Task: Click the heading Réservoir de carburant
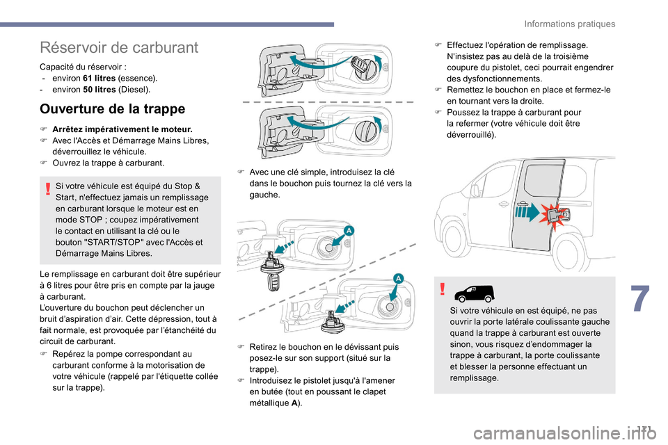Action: pyautogui.click(x=119, y=47)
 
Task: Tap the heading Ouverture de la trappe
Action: pyautogui.click(x=112, y=109)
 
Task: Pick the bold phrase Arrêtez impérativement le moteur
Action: pyautogui.click(x=122, y=129)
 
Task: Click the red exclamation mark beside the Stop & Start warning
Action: pyautogui.click(x=47, y=186)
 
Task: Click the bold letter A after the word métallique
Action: pyautogui.click(x=297, y=403)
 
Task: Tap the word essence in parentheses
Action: pyautogui.click(x=141, y=79)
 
